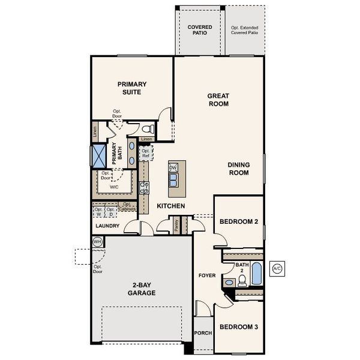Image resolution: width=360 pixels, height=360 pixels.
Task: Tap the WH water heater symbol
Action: tap(97, 242)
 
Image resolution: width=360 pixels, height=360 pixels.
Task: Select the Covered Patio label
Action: tap(199, 30)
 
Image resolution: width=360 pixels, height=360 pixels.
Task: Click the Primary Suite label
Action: tap(132, 88)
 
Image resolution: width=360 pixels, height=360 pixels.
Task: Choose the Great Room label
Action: tap(218, 100)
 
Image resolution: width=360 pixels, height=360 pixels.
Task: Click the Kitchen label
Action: tap(170, 206)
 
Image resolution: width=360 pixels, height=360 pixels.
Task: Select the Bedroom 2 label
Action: tap(239, 221)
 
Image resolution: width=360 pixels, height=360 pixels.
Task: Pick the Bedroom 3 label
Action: tap(239, 327)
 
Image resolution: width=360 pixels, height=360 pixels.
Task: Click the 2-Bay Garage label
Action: tap(141, 289)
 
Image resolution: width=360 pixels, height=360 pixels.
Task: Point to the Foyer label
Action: tap(207, 275)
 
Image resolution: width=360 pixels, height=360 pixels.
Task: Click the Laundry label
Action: tap(107, 226)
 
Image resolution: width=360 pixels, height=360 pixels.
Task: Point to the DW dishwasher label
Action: tap(173, 167)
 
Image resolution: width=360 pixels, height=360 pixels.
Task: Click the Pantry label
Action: tap(176, 224)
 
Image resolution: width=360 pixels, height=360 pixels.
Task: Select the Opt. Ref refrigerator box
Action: tap(146, 153)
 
